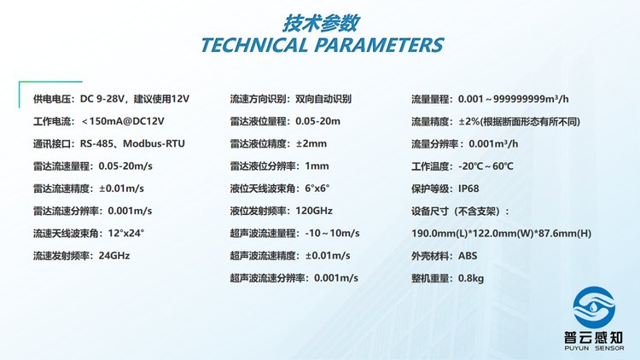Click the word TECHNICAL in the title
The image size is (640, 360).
(254, 45)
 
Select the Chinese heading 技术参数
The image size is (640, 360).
(321, 23)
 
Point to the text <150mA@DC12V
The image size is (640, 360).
(123, 121)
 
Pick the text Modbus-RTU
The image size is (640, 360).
(154, 143)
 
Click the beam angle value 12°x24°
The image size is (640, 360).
(126, 233)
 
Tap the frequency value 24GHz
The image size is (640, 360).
(114, 256)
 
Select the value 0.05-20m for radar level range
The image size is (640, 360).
(317, 121)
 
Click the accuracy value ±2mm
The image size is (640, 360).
(311, 143)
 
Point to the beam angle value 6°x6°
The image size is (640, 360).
(317, 189)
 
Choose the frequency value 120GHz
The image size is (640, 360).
(314, 211)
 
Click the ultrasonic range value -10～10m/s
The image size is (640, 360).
(332, 233)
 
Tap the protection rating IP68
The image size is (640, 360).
(468, 189)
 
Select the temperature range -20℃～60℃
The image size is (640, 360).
(486, 166)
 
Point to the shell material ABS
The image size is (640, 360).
(468, 256)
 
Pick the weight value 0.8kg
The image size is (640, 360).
(471, 278)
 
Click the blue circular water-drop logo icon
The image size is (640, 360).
(594, 307)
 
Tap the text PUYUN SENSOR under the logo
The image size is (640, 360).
(594, 348)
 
